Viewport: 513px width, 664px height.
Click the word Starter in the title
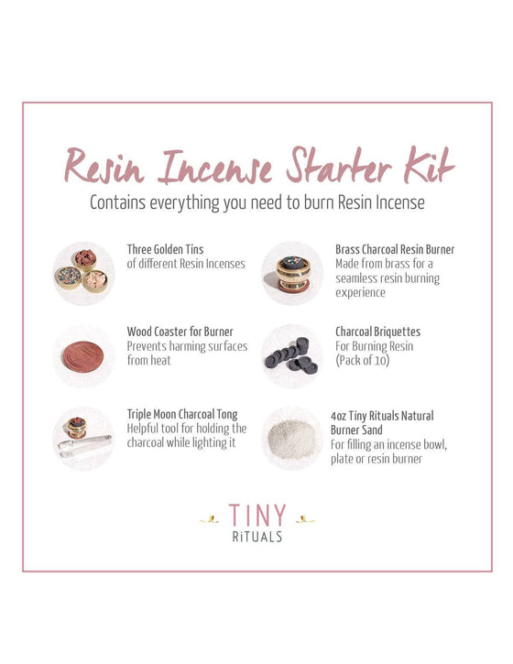[338, 166]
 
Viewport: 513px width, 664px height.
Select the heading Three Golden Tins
[165, 249]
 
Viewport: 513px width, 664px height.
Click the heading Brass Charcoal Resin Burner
[395, 249]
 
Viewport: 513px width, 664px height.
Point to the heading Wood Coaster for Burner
[180, 332]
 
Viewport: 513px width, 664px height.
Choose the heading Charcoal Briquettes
[377, 332]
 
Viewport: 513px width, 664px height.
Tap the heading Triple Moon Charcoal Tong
[182, 414]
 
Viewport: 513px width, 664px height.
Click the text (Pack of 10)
[362, 360]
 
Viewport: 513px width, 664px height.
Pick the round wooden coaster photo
[83, 356]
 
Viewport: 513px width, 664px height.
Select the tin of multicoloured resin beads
[69, 278]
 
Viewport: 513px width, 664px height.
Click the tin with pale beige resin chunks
[95, 281]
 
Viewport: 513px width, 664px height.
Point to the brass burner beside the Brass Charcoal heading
[293, 273]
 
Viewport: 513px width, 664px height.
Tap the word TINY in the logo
[257, 516]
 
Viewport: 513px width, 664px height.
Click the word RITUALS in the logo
[257, 537]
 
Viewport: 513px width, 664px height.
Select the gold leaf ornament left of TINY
[209, 519]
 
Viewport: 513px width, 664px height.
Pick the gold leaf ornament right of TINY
[305, 519]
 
